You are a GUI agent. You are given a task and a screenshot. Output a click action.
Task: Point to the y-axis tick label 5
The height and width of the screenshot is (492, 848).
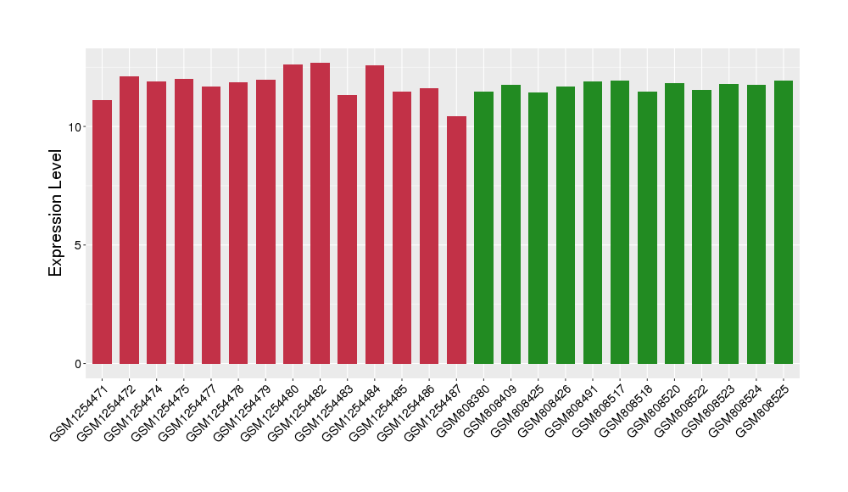79,245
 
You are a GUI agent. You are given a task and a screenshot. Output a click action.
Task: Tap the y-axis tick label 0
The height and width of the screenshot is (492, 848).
79,364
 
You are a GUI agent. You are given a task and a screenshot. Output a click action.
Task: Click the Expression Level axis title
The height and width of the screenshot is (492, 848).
56,213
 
